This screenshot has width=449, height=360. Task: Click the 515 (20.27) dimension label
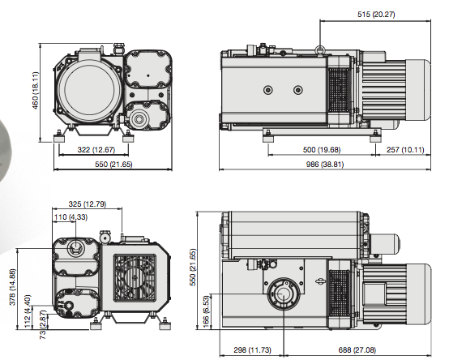376,14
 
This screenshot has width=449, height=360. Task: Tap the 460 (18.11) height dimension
35,90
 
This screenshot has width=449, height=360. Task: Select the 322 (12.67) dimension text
96,149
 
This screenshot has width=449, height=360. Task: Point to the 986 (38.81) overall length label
325,164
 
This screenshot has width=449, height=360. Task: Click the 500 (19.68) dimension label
322,149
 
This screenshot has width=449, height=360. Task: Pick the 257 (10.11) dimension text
405,149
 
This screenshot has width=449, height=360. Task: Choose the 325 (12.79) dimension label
88,204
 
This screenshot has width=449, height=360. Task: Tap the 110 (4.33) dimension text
71,217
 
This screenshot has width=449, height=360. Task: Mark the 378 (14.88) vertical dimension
13,287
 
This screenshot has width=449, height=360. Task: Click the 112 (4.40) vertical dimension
28,311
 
